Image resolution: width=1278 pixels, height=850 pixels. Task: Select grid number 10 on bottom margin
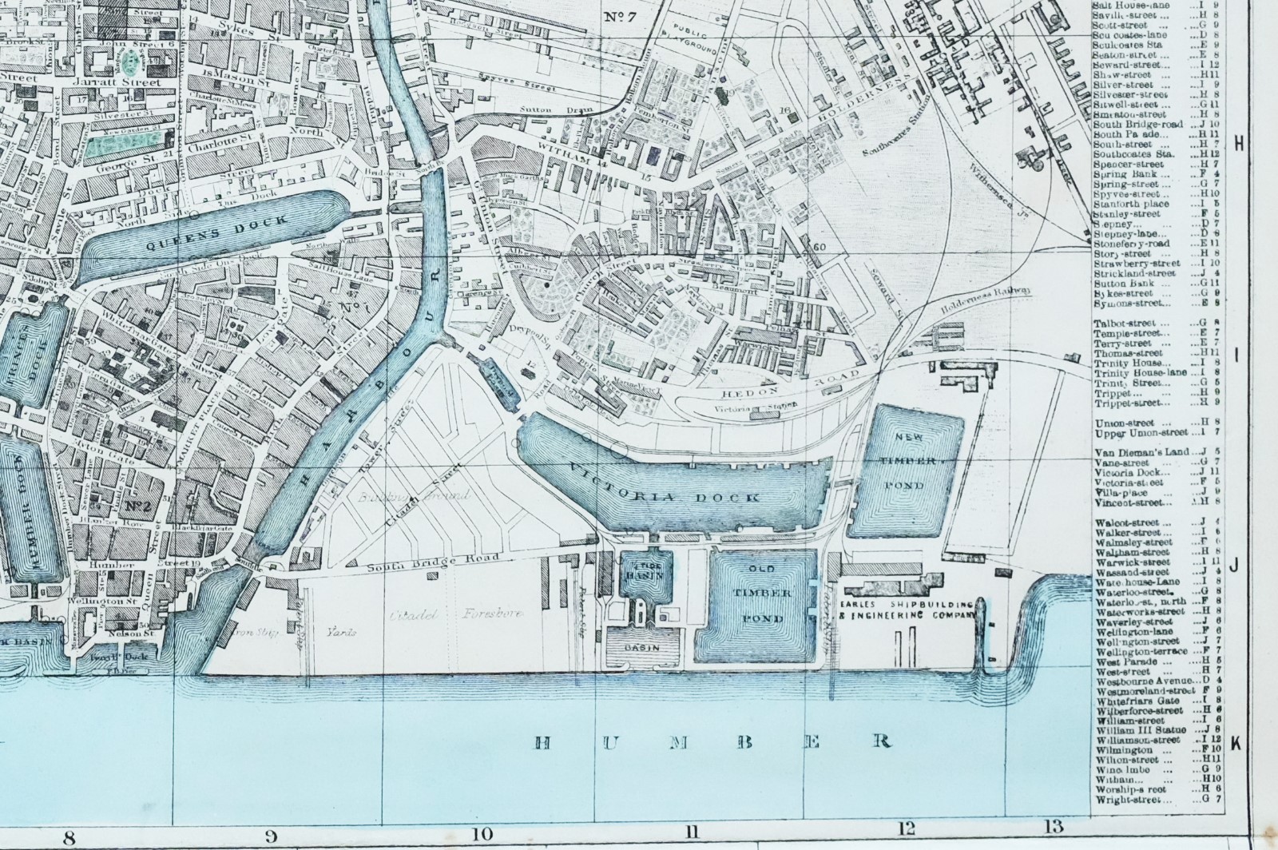(x=482, y=835)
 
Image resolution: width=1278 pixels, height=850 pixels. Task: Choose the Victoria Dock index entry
(x=1129, y=472)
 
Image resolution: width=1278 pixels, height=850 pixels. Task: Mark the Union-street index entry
(x=1125, y=423)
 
